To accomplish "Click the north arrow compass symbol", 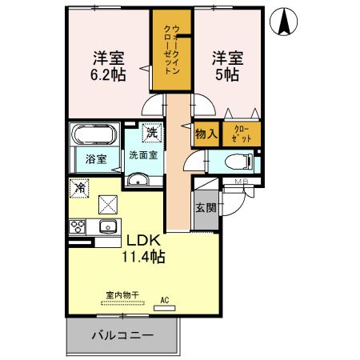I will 284,22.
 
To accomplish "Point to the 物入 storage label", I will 205,134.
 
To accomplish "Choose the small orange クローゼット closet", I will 241,134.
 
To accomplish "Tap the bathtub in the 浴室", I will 95,134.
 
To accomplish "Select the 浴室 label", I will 96,159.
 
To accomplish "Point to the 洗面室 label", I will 144,155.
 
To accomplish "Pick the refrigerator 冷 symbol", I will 79,188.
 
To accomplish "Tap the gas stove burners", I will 78,226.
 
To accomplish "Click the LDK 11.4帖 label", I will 143,249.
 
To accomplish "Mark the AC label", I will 165,300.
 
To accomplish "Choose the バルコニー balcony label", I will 121,334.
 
